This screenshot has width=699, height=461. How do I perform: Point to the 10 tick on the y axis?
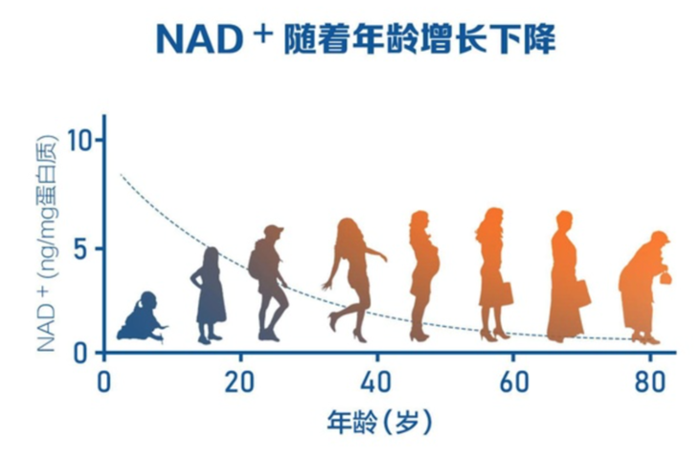(x=86, y=142)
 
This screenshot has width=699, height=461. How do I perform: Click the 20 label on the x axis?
(x=239, y=380)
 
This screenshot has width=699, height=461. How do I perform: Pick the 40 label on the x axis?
(x=377, y=380)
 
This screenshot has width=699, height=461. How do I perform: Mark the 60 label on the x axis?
(x=514, y=380)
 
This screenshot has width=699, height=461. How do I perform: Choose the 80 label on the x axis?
(x=651, y=380)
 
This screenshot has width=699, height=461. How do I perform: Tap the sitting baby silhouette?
(x=142, y=319)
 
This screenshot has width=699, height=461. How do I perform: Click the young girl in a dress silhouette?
(x=209, y=295)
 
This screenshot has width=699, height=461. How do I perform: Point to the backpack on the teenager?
(x=257, y=259)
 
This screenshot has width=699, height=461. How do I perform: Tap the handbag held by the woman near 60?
(x=506, y=292)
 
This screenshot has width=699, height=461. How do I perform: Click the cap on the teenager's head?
(x=274, y=231)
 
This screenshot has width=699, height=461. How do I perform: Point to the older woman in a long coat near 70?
(x=566, y=278)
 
